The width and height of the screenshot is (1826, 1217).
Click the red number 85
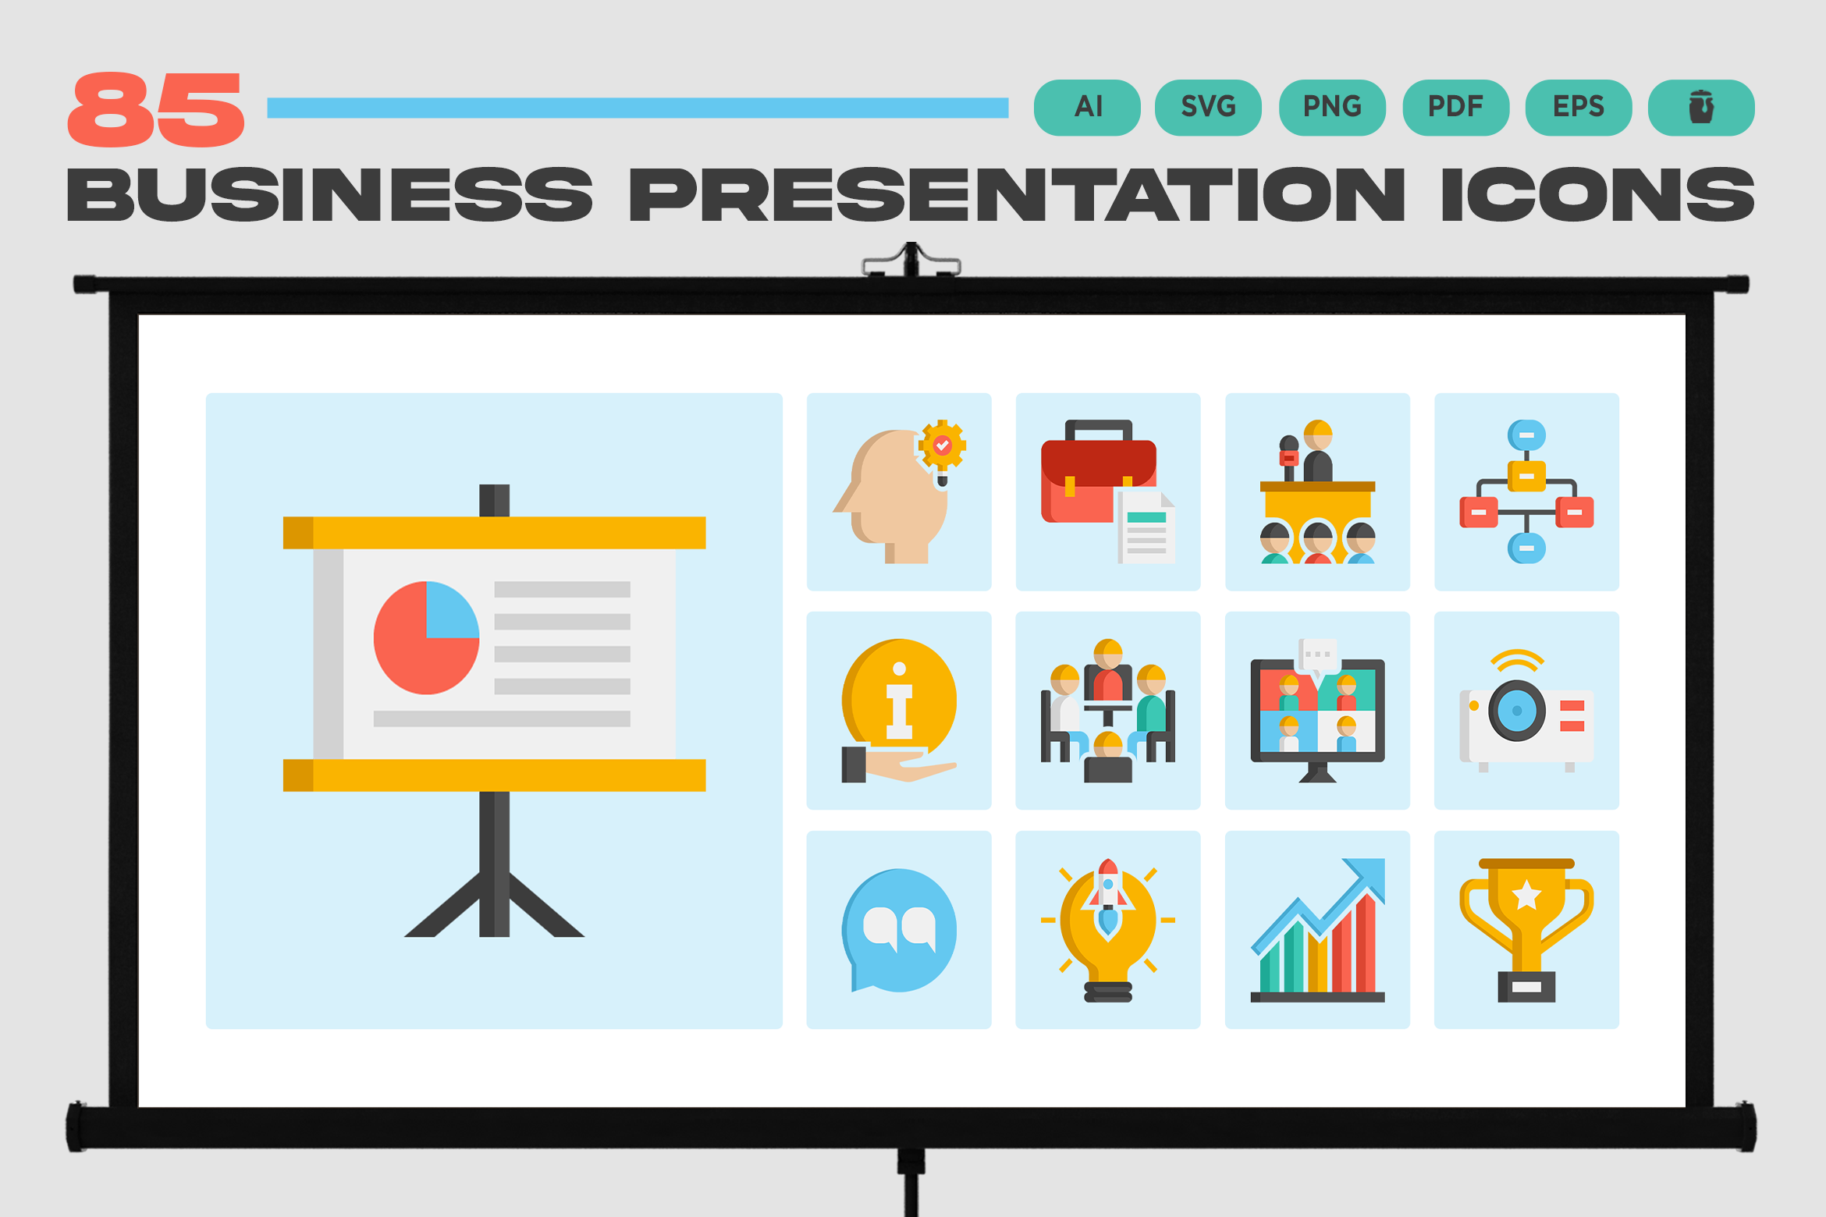click(156, 109)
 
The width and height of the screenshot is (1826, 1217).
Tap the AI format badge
click(1087, 108)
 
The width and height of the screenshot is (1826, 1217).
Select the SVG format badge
click(1208, 108)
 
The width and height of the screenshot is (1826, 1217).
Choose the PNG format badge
click(1332, 108)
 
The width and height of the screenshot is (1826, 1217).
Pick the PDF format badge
click(1456, 108)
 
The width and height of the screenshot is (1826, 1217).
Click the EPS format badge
click(1579, 108)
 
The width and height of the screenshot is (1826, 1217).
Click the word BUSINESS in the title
click(329, 194)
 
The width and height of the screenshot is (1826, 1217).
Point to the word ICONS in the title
click(1597, 194)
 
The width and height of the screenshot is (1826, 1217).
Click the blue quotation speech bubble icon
click(899, 930)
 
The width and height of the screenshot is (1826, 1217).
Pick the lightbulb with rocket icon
click(1108, 930)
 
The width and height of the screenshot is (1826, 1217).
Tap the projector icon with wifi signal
click(1526, 711)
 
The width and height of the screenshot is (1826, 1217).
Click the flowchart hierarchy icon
click(1526, 491)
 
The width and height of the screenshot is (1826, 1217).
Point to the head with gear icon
click(899, 491)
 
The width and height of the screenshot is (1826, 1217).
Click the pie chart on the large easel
click(426, 637)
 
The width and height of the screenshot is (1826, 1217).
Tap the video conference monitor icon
click(1317, 711)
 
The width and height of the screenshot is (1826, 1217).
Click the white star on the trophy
click(1526, 895)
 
